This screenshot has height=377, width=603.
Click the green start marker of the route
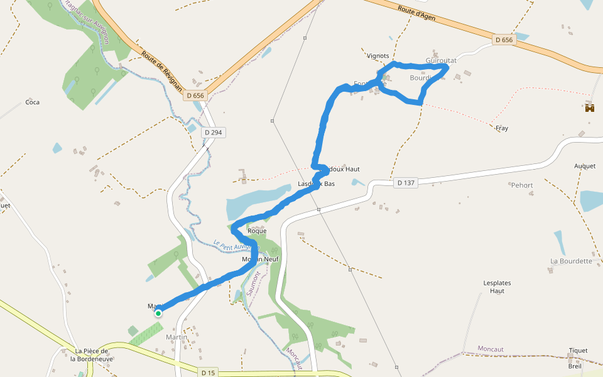click(x=158, y=313)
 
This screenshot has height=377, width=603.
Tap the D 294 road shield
click(x=213, y=133)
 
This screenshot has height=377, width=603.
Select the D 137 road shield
click(x=406, y=183)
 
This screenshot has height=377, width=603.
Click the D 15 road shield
click(x=209, y=373)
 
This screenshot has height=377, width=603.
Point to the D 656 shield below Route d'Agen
click(x=504, y=40)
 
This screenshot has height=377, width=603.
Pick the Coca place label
click(x=32, y=102)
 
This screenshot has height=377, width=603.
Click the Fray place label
click(x=502, y=128)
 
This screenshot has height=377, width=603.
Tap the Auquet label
click(x=585, y=166)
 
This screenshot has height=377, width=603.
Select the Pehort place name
click(x=522, y=185)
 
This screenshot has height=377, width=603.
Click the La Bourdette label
click(x=571, y=261)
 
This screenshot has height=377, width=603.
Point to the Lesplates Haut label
click(x=497, y=287)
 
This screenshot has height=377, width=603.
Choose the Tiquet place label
click(x=578, y=351)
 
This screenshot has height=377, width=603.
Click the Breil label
click(x=575, y=366)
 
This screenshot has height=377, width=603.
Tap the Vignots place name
click(x=378, y=55)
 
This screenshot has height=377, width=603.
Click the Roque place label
click(x=257, y=231)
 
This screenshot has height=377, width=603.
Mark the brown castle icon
click(x=589, y=108)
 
